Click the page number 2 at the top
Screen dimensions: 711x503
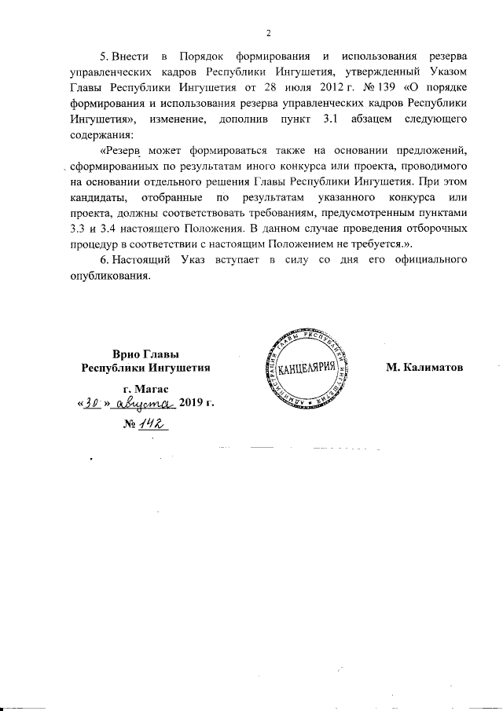(x=267, y=33)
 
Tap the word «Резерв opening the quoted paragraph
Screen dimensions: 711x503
(x=125, y=151)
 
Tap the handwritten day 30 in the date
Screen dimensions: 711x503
(x=93, y=403)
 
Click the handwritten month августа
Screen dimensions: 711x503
(x=145, y=403)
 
